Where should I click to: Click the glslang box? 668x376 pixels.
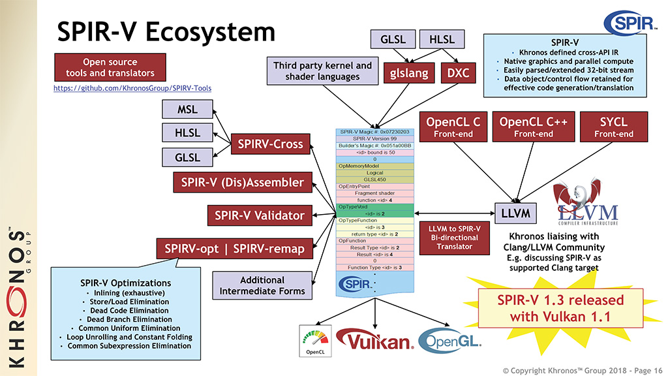click(x=410, y=73)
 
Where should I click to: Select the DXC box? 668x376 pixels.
click(x=459, y=73)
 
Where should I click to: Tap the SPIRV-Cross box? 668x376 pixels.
click(x=270, y=144)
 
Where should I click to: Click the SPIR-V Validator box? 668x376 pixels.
click(x=260, y=215)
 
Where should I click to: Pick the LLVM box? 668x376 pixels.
click(x=515, y=213)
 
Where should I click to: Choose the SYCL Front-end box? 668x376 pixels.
click(x=613, y=127)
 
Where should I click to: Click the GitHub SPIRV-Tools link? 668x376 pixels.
click(x=132, y=87)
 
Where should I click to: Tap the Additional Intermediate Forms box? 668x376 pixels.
click(x=262, y=285)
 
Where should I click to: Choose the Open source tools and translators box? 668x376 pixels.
click(x=110, y=68)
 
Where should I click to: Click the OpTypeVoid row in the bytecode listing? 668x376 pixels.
click(x=375, y=207)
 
